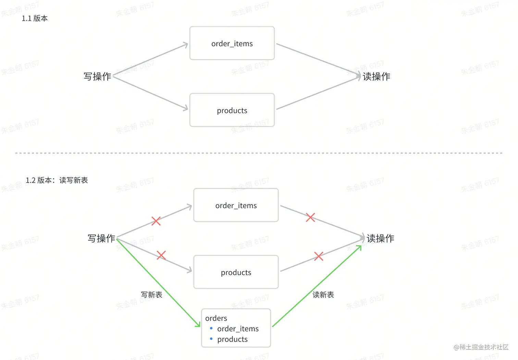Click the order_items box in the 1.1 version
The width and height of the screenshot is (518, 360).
232,44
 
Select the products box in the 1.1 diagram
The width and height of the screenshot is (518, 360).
232,110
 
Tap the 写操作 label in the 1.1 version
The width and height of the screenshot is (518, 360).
97,76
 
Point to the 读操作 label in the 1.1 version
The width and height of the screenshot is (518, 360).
376,76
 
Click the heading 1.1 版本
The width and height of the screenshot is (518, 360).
35,18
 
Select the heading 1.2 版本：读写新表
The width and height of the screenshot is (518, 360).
57,180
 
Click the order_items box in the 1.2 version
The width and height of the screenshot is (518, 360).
236,206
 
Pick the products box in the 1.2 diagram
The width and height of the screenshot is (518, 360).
236,272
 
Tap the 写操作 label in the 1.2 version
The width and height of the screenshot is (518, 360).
101,238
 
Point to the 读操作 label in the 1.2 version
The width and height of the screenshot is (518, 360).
380,238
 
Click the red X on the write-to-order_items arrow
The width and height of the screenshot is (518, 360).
156,221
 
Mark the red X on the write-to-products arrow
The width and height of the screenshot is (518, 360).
161,255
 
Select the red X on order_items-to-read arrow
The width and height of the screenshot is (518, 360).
310,217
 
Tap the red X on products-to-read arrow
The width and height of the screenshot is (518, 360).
319,256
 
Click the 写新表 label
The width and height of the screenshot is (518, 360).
151,295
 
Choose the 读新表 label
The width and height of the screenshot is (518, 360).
323,295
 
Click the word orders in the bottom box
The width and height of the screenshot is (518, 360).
216,318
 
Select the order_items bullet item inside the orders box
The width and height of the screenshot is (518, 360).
238,329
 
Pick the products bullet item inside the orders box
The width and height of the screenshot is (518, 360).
232,339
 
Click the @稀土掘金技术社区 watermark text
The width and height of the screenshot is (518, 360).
481,347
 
